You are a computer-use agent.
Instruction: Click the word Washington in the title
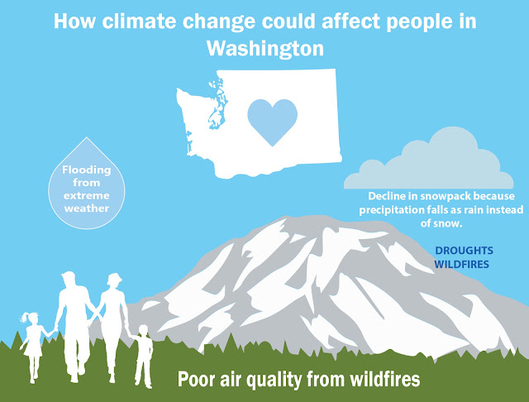[265, 50]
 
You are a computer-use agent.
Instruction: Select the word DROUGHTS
[464, 251]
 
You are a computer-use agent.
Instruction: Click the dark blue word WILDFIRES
[461, 265]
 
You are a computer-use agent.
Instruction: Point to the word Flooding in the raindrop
[86, 170]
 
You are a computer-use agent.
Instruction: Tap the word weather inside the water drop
[87, 208]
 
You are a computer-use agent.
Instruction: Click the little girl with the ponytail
[33, 347]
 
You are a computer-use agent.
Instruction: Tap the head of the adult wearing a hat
[114, 280]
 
